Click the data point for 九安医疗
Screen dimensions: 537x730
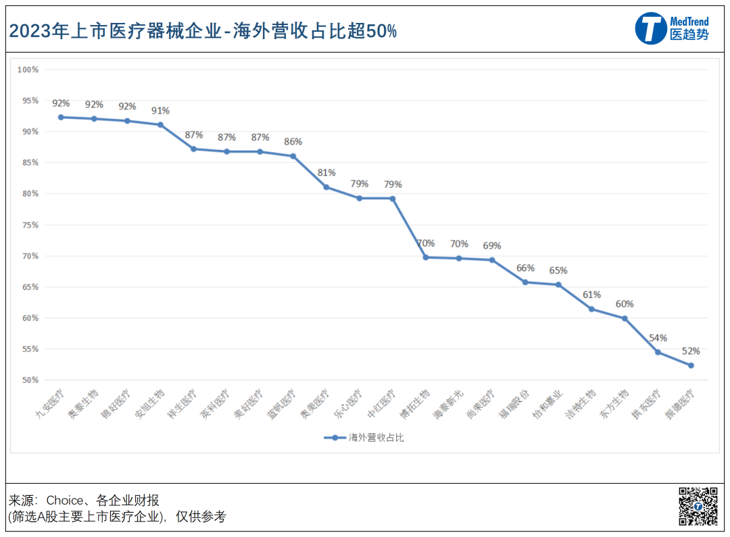tap(61, 117)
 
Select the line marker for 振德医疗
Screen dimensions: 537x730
tap(691, 365)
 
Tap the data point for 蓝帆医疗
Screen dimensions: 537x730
tap(293, 156)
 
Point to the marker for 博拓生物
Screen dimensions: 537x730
tap(426, 257)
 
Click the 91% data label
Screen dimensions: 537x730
tap(160, 111)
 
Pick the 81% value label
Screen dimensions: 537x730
tap(326, 173)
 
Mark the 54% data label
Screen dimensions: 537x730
tap(658, 338)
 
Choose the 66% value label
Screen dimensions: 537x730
tap(525, 268)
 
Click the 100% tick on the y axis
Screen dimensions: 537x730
tap(28, 70)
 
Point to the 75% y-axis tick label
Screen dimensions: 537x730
tap(29, 225)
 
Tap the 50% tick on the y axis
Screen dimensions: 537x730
tap(29, 380)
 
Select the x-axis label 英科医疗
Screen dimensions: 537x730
tap(215, 405)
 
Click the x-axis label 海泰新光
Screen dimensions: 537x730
tap(447, 405)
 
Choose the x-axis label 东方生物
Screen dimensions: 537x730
tap(614, 405)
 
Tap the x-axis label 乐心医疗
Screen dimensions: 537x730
tap(347, 405)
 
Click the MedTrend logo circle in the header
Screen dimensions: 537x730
tap(651, 28)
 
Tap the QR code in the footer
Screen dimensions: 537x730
tap(698, 506)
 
